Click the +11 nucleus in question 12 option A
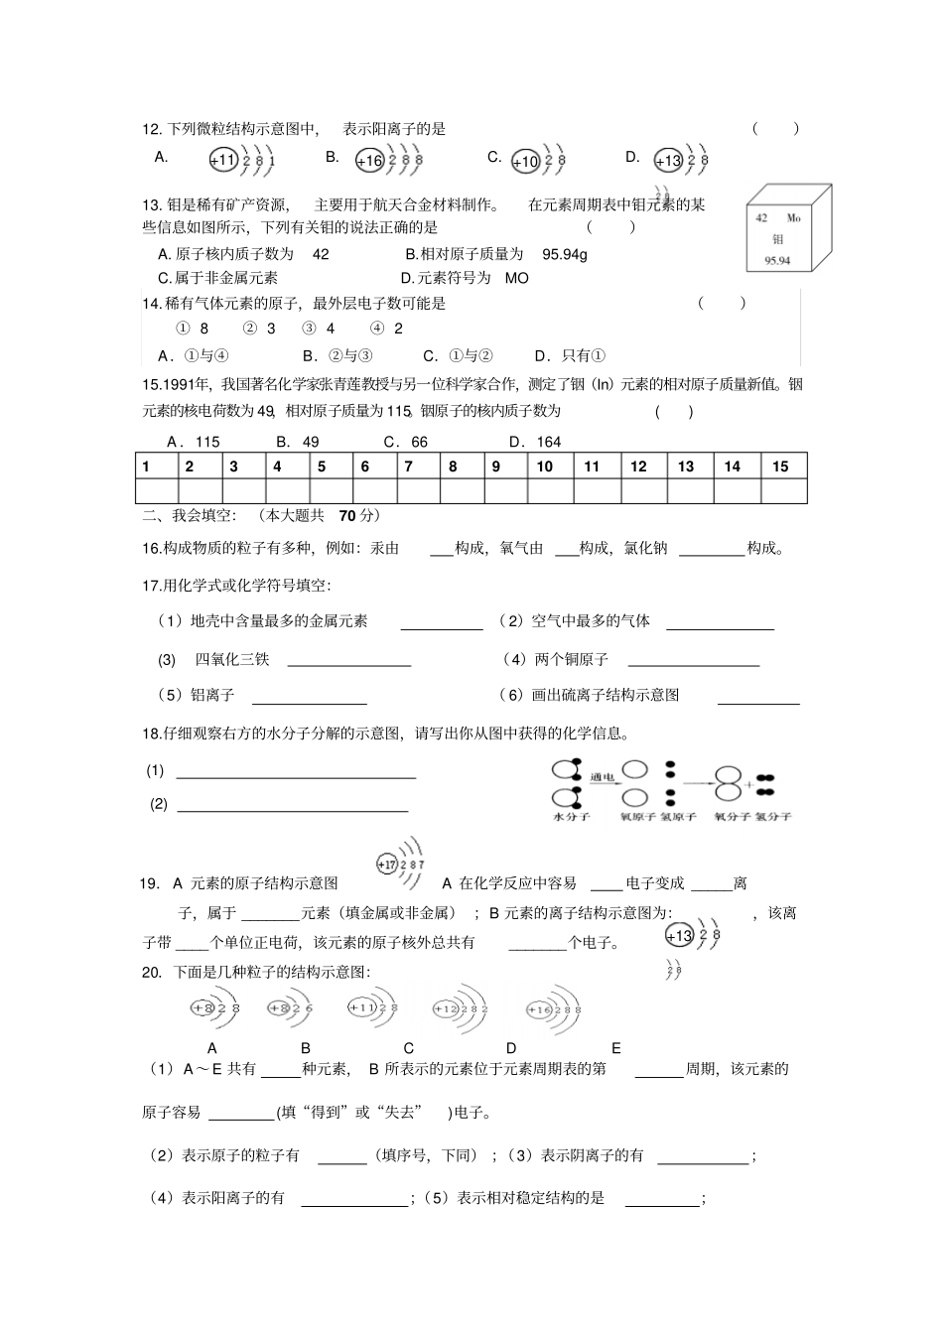pos(223,160)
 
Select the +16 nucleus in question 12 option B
pos(369,161)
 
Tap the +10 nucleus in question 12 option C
pos(525,162)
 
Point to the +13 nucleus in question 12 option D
pos(668,161)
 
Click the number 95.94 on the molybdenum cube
pos(777,261)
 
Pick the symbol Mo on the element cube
pos(793,217)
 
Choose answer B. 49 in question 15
pos(298,442)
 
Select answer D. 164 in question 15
pos(535,442)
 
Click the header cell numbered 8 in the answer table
pos(454,467)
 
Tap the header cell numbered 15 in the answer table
pos(780,467)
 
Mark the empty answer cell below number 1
pos(156,491)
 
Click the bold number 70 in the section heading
pos(346,515)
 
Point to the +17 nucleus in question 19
pos(387,865)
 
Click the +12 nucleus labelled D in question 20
pos(444,1008)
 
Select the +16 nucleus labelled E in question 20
pos(539,1009)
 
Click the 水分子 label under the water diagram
pos(572,816)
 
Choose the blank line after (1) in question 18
pos(296,772)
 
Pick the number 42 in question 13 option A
pos(321,254)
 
